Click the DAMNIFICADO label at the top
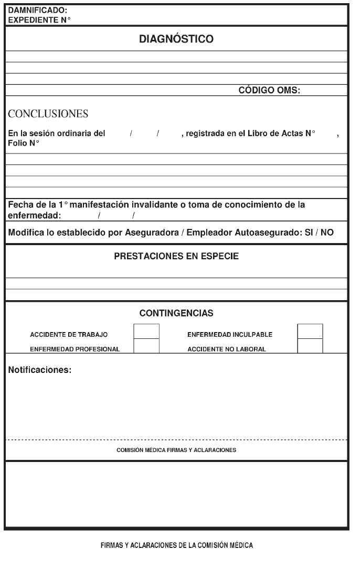coord(38,10)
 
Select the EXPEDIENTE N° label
coord(39,19)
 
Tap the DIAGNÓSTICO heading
coord(176,39)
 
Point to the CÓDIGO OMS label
coord(269,90)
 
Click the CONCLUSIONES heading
coord(48,114)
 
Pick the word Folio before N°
coord(17,142)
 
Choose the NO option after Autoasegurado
coord(327,233)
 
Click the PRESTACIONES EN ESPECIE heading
coord(176,257)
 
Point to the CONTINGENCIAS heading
coord(176,313)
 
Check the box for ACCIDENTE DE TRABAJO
coord(146,332)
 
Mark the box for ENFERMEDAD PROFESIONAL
coord(146,346)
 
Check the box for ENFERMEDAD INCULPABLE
coord(310,332)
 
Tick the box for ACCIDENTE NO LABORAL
coord(310,346)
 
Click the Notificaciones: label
coord(40,370)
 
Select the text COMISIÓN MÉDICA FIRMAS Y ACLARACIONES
coord(176,450)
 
